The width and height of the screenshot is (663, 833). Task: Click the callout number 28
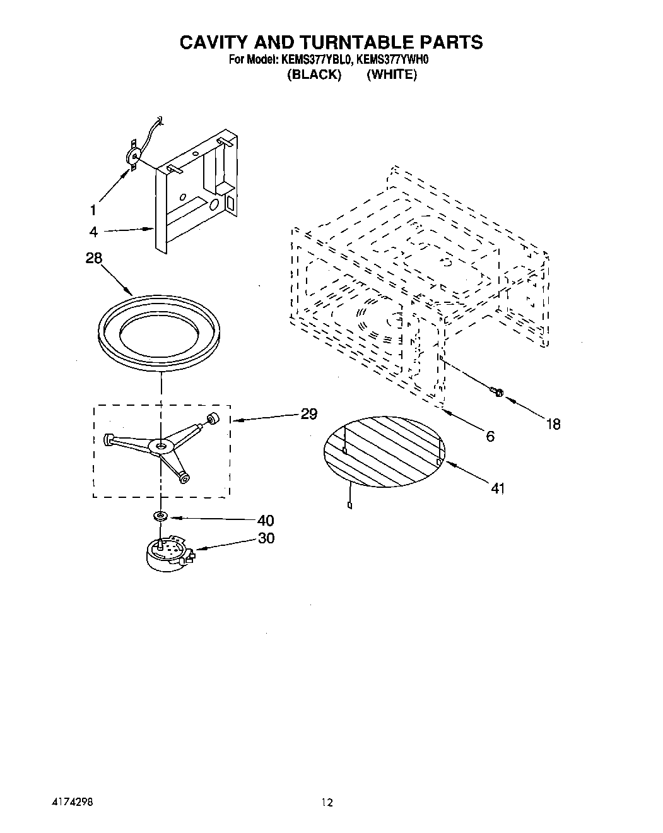coord(93,258)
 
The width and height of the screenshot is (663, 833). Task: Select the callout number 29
coord(308,414)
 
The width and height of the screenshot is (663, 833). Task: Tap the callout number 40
coord(266,520)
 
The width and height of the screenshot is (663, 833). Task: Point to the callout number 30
coord(266,538)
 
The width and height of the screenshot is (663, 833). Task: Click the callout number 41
coord(498,488)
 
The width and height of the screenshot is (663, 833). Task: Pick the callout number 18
coord(553,424)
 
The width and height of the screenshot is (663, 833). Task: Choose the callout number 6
coord(490,435)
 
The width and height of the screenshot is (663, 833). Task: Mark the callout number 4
coord(93,232)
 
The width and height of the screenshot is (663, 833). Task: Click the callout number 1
coord(93,210)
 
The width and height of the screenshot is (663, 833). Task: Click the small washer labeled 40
coord(161,517)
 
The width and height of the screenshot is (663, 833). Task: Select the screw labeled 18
coord(496,393)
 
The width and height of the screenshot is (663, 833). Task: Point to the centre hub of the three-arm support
coord(161,446)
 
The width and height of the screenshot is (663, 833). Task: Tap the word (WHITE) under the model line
coord(392,74)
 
